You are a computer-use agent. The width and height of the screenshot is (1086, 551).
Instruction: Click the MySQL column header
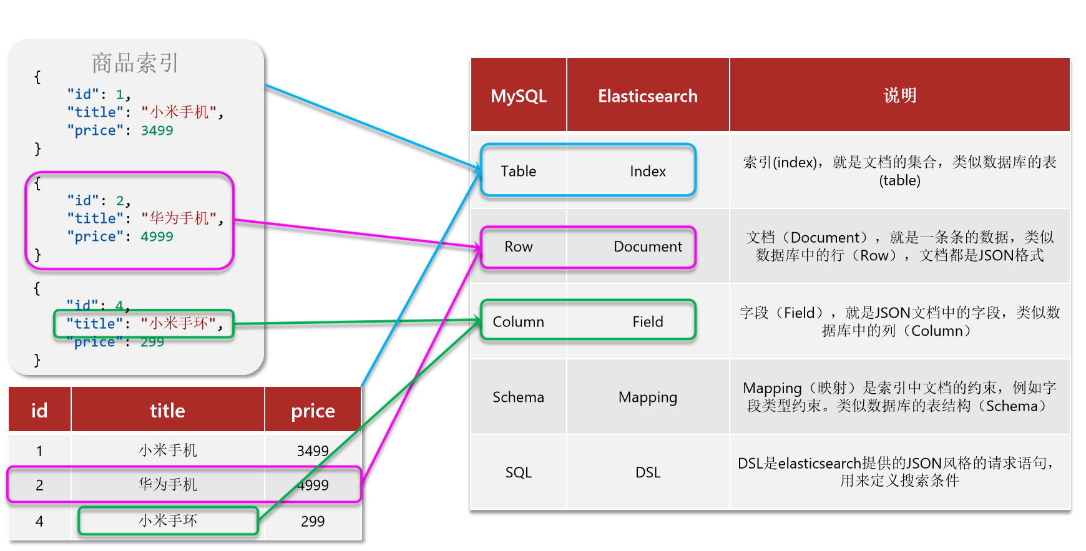point(518,96)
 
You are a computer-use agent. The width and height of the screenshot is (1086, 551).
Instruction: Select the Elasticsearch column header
point(647,96)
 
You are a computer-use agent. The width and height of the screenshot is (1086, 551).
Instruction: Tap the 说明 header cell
point(899,95)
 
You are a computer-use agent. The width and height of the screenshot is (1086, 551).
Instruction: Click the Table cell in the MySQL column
point(518,171)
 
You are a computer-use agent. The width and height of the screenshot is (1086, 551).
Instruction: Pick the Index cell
point(647,171)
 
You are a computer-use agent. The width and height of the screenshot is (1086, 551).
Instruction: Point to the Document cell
point(647,246)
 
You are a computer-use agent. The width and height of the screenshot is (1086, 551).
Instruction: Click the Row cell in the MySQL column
point(518,246)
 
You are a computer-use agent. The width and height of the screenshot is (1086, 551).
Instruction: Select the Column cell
point(518,321)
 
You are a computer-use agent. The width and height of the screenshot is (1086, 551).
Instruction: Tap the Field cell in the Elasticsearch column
point(647,321)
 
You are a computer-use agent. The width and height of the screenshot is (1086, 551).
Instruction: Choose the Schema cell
point(518,397)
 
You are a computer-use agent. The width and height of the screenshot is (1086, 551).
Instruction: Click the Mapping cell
point(647,397)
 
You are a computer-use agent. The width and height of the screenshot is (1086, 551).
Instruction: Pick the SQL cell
point(518,472)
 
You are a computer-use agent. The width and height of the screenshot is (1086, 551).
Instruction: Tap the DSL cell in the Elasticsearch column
point(647,472)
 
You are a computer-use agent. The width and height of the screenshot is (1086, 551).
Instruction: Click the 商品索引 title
point(135,63)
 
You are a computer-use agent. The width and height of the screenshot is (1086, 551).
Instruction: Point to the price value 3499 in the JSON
point(157,130)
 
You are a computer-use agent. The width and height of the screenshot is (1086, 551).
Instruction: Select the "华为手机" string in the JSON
point(179,218)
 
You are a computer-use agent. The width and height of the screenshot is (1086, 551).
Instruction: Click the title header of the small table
point(167,411)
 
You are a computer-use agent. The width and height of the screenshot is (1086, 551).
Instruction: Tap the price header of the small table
point(313,411)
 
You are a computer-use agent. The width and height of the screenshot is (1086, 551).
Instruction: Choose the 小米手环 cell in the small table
point(167,520)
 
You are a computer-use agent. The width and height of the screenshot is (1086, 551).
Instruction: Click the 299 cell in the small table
point(313,521)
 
